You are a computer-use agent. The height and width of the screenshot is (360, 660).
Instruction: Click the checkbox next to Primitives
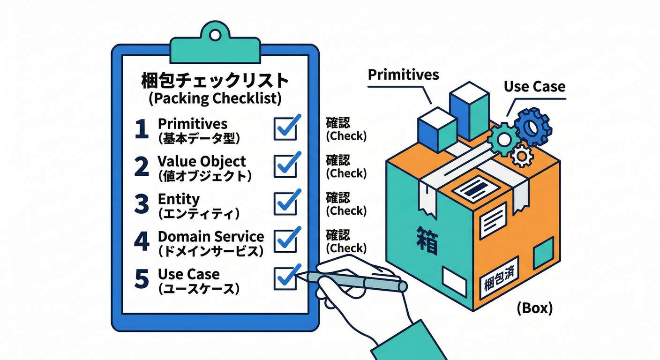tap(285, 129)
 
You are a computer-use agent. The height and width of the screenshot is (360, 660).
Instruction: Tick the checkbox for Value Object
tap(285, 166)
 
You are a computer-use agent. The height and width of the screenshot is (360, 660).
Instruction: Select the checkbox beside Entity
tap(285, 203)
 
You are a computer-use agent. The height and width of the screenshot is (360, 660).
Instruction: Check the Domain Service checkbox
tap(285, 241)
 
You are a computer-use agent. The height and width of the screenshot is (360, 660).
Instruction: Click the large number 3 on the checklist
tap(142, 203)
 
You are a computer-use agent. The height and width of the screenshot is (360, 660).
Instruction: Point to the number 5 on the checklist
tap(142, 278)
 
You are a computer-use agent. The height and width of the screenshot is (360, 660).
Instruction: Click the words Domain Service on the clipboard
tap(211, 237)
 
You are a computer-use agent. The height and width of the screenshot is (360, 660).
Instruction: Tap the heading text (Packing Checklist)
tap(215, 98)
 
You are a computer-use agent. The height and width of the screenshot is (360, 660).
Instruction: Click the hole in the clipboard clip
tap(215, 35)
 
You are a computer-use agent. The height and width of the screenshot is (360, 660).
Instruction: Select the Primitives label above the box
tap(404, 75)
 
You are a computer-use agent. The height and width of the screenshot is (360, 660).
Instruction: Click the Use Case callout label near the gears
tap(534, 87)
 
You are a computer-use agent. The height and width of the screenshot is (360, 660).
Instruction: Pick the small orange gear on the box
tap(522, 156)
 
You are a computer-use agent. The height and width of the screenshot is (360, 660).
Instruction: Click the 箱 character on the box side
tap(427, 240)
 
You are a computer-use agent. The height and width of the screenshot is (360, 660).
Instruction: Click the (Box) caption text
tap(535, 308)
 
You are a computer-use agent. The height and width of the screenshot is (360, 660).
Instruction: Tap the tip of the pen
tap(296, 275)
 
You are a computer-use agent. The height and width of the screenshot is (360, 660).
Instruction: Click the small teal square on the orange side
tap(544, 253)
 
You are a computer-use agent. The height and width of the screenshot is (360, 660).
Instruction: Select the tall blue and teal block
tap(469, 112)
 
